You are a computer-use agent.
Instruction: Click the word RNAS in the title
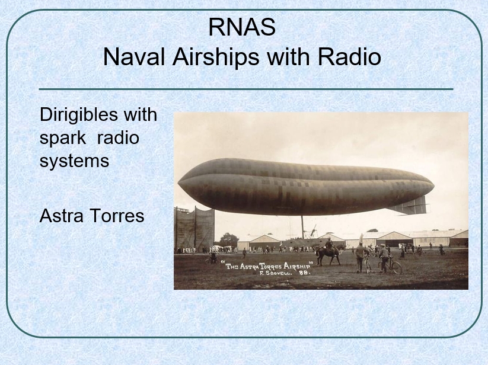[x=242, y=27]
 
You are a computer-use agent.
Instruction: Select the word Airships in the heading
[x=216, y=57]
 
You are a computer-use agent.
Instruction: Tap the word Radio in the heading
[x=349, y=57]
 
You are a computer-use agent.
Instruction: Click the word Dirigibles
[x=79, y=115]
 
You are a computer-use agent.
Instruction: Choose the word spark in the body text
[x=63, y=139]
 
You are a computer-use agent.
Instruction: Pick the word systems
[x=74, y=162]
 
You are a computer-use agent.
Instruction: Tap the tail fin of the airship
[x=408, y=206]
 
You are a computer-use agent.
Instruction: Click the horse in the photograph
[x=329, y=254]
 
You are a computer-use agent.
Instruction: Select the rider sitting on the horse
[x=328, y=244]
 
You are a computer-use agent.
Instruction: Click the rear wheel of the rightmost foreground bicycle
[x=396, y=267]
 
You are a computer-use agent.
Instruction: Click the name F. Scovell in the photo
[x=276, y=274]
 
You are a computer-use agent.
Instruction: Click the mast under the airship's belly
[x=302, y=227]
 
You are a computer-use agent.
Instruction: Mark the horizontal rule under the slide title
[x=246, y=89]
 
